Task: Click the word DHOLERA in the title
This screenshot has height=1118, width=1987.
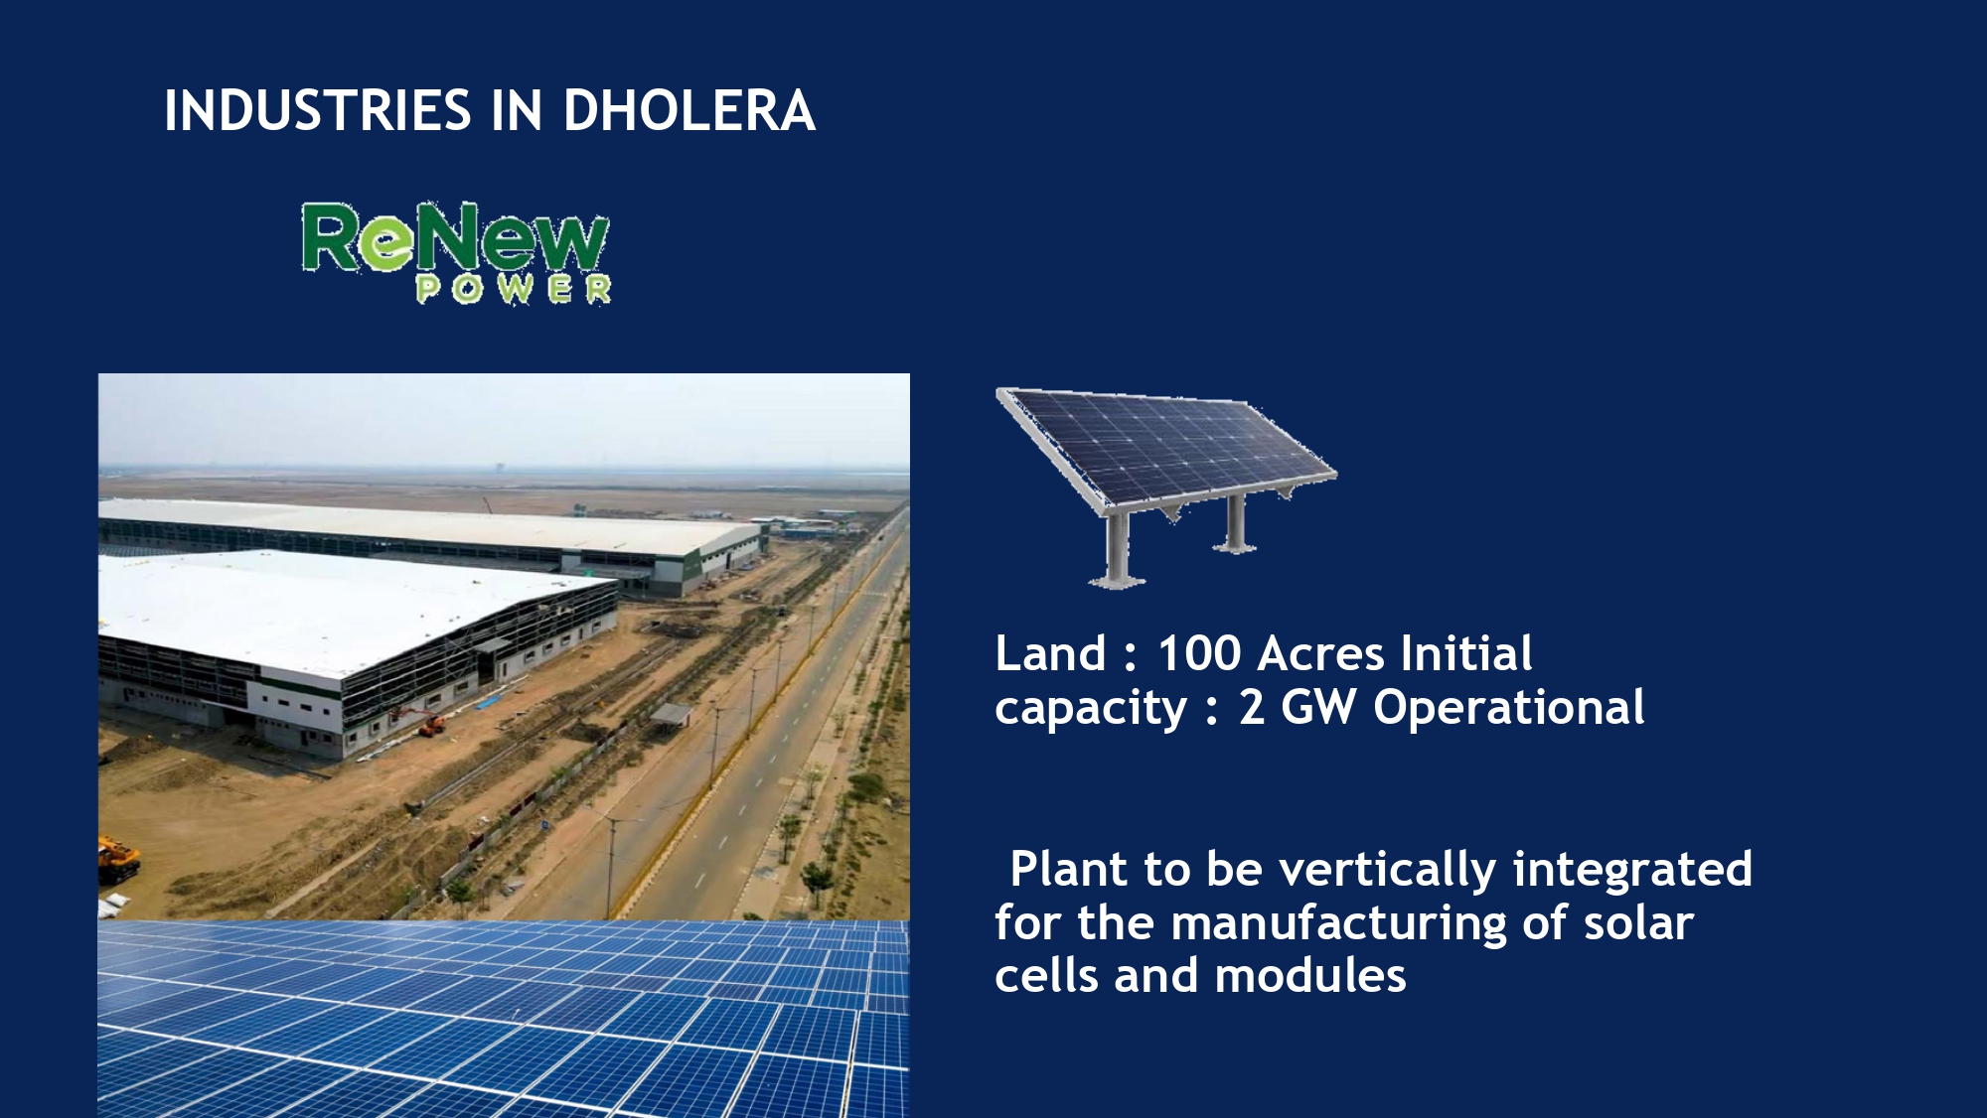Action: click(x=689, y=110)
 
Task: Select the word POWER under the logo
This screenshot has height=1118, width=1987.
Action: click(x=514, y=289)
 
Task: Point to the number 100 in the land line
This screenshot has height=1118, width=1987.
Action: click(x=1199, y=654)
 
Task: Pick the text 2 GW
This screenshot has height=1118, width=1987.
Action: click(x=1297, y=708)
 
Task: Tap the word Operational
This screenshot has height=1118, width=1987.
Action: click(x=1508, y=708)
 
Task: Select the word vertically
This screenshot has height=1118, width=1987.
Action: click(x=1387, y=871)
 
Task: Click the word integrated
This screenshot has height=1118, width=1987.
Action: click(x=1632, y=871)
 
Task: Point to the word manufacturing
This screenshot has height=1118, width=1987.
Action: click(x=1339, y=924)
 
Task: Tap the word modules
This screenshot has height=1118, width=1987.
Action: click(x=1310, y=976)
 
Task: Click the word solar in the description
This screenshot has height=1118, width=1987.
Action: click(x=1638, y=922)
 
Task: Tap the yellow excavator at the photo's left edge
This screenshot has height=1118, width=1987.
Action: click(x=118, y=858)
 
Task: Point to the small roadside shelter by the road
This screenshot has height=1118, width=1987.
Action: click(x=672, y=714)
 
